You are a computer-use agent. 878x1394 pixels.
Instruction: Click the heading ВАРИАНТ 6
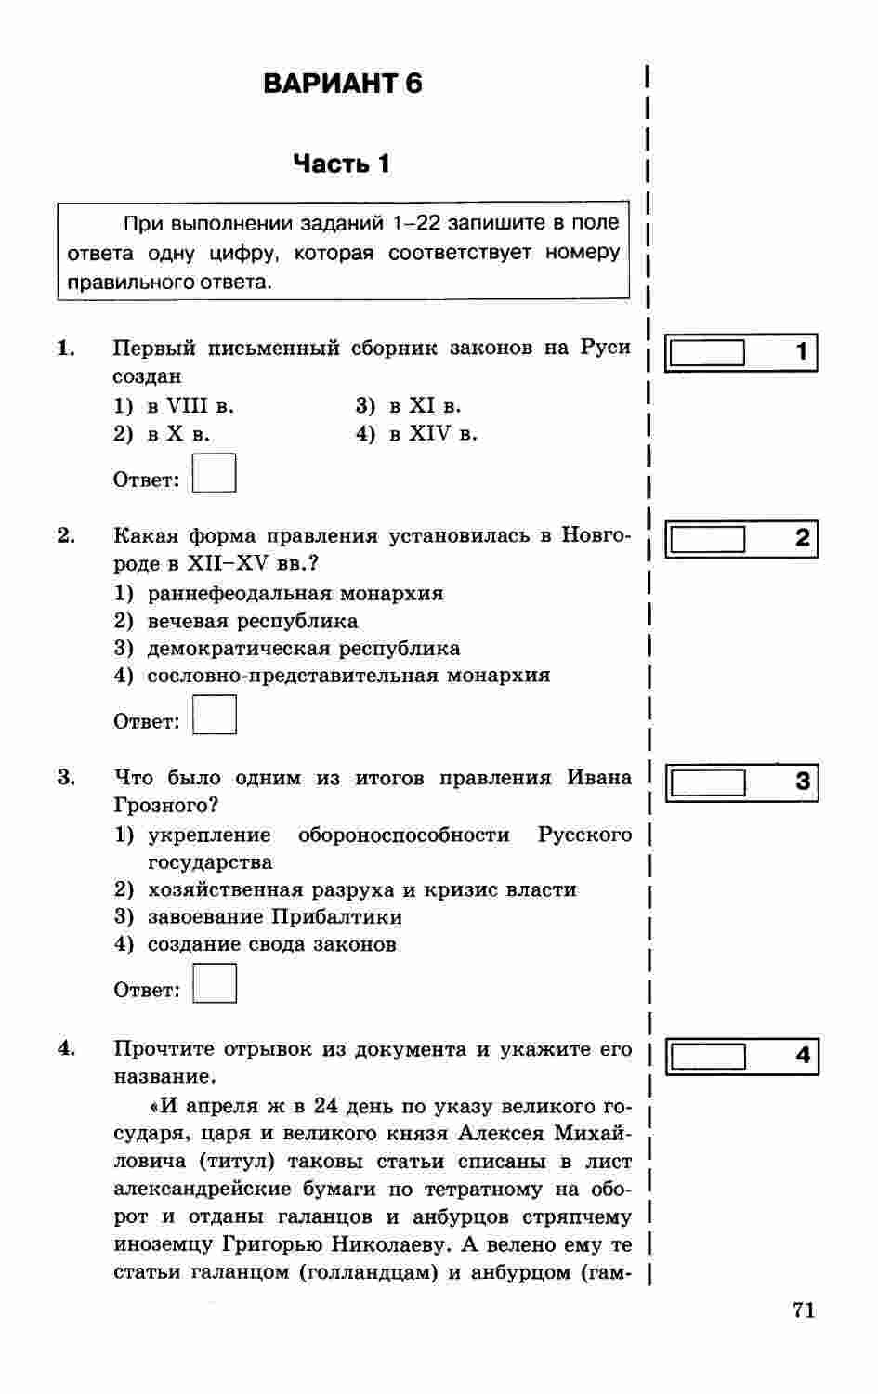(x=343, y=84)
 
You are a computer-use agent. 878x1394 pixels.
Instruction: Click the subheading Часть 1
(x=342, y=164)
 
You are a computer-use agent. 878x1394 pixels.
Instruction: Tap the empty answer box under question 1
(x=214, y=473)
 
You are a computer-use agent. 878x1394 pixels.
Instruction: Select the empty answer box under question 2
(x=214, y=715)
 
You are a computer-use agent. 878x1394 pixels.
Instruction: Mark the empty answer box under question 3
(x=214, y=983)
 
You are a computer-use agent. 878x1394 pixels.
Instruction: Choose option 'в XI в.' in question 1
(x=409, y=406)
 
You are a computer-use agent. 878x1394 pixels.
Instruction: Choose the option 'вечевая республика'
(x=236, y=621)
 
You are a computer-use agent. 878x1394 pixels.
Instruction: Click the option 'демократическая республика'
(x=287, y=649)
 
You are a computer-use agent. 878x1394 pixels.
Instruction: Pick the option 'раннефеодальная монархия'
(x=279, y=593)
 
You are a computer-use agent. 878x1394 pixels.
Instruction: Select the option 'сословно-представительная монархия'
(x=332, y=676)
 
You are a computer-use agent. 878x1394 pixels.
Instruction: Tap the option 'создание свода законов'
(x=256, y=944)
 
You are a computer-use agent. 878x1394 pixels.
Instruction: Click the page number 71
(x=804, y=1310)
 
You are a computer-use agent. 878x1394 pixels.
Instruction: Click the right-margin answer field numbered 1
(x=708, y=353)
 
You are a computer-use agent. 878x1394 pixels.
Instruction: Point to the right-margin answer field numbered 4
(x=708, y=1057)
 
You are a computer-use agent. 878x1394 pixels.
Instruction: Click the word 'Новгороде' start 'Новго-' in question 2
(x=596, y=536)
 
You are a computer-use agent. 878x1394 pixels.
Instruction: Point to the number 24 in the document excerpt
(x=325, y=1106)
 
